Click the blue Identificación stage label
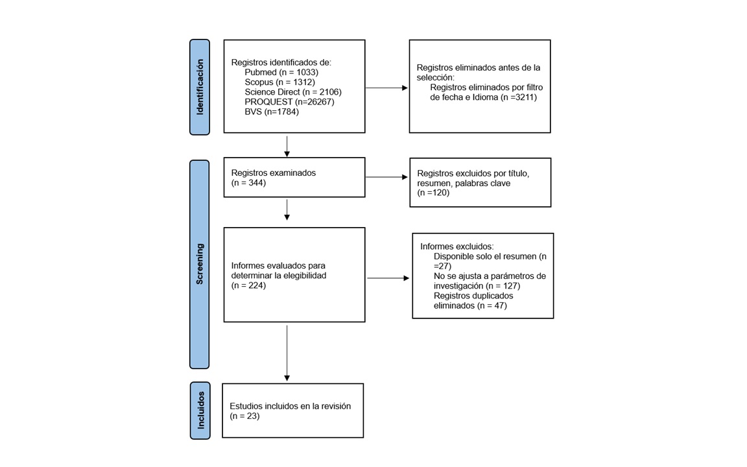coord(200,87)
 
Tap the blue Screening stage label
coord(200,265)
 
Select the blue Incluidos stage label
coord(200,411)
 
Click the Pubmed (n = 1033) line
coord(281,73)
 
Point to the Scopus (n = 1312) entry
coord(280,82)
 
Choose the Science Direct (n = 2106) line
coord(293,92)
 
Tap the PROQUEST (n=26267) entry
coord(290,102)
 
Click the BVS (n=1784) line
coord(272,112)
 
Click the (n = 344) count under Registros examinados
coord(249,182)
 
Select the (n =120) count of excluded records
coord(433,193)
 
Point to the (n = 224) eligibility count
coord(249,285)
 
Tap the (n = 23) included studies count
coord(244,416)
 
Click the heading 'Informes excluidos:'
coord(457,246)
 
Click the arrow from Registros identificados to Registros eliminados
coord(386,88)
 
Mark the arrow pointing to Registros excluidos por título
coord(386,177)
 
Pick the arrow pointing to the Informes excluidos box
coord(388,278)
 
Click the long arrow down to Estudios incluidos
coord(287,353)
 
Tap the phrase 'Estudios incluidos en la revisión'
coord(290,406)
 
